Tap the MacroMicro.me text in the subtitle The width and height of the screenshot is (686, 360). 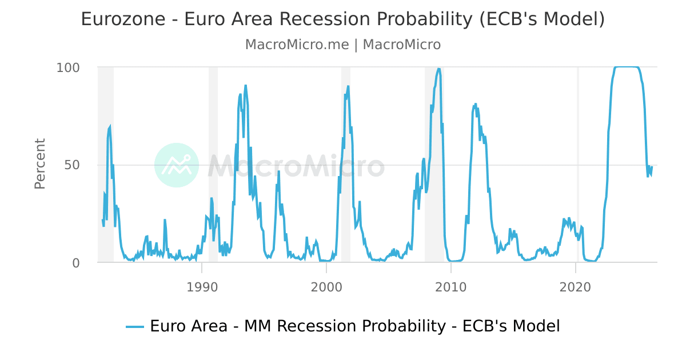click(297, 45)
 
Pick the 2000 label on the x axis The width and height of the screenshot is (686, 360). click(326, 286)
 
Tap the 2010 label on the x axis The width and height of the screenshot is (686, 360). click(451, 286)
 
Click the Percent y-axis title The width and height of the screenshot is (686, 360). click(39, 163)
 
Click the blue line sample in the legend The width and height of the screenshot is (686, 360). click(134, 326)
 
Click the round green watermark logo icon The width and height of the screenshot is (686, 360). click(177, 165)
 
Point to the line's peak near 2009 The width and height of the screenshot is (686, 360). click(438, 69)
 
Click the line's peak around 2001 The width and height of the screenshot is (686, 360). click(348, 86)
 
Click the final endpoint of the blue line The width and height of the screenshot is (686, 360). click(651, 167)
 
